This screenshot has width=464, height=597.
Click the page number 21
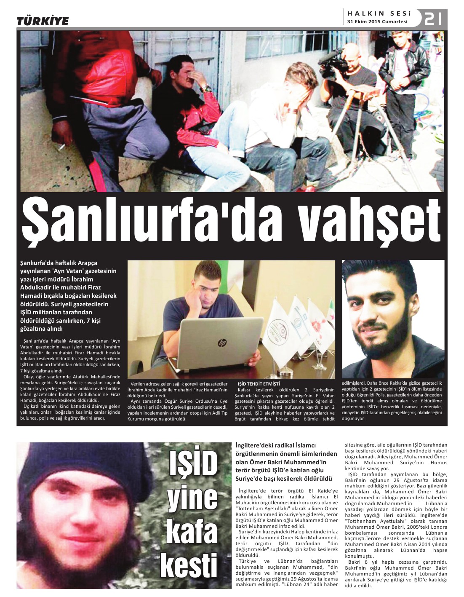(433, 19)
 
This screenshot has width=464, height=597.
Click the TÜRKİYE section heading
(43, 21)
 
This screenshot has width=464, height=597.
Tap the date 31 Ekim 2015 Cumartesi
(377, 22)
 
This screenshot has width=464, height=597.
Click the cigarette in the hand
(61, 147)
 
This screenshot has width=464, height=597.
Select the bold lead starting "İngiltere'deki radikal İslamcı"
(286, 462)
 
